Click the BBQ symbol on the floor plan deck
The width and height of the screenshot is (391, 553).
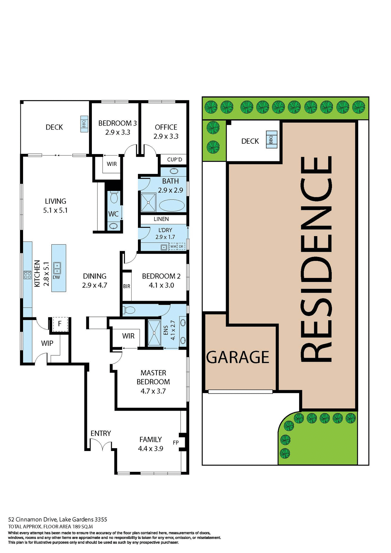click(84, 124)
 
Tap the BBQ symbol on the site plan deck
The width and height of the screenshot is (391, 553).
click(271, 140)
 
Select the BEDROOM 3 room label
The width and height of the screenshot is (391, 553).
click(117, 123)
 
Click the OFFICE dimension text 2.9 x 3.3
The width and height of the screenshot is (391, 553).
click(166, 136)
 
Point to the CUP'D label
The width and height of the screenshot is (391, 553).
click(174, 160)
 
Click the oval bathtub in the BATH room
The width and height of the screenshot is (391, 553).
click(172, 206)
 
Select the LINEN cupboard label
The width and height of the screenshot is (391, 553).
click(161, 219)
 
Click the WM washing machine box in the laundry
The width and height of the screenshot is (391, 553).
click(173, 247)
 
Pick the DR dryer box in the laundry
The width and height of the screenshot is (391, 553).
click(181, 247)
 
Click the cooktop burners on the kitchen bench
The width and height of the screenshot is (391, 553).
click(27, 275)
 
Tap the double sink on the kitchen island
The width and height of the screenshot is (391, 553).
click(57, 268)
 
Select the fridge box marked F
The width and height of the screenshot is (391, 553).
click(60, 324)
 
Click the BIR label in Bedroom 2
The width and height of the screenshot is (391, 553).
click(127, 286)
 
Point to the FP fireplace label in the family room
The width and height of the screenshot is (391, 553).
click(176, 443)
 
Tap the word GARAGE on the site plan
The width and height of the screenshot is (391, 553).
click(238, 357)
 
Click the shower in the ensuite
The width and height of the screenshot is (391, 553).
click(154, 333)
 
